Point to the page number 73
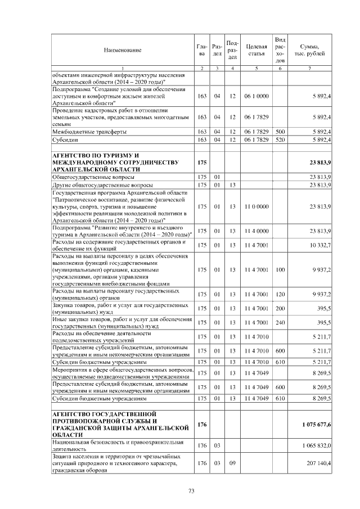coord(191,491)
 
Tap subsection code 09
coord(232,463)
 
